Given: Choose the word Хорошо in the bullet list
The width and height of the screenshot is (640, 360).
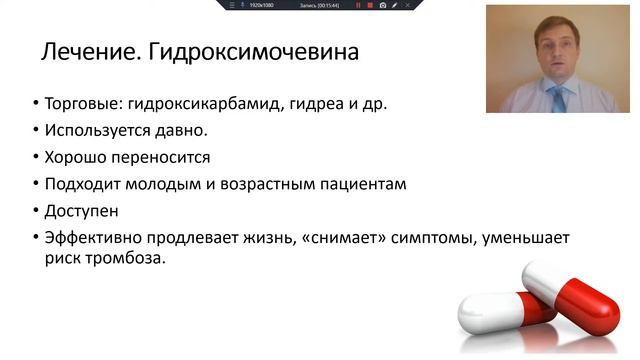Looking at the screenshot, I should tap(71, 157).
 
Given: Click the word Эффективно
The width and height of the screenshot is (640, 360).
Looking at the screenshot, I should tap(89, 237).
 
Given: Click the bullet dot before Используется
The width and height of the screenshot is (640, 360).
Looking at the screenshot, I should tap(36, 131).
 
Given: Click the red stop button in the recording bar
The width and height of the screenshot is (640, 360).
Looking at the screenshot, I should tap(370, 5).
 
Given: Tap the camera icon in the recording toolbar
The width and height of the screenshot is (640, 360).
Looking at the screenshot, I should tap(383, 5).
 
